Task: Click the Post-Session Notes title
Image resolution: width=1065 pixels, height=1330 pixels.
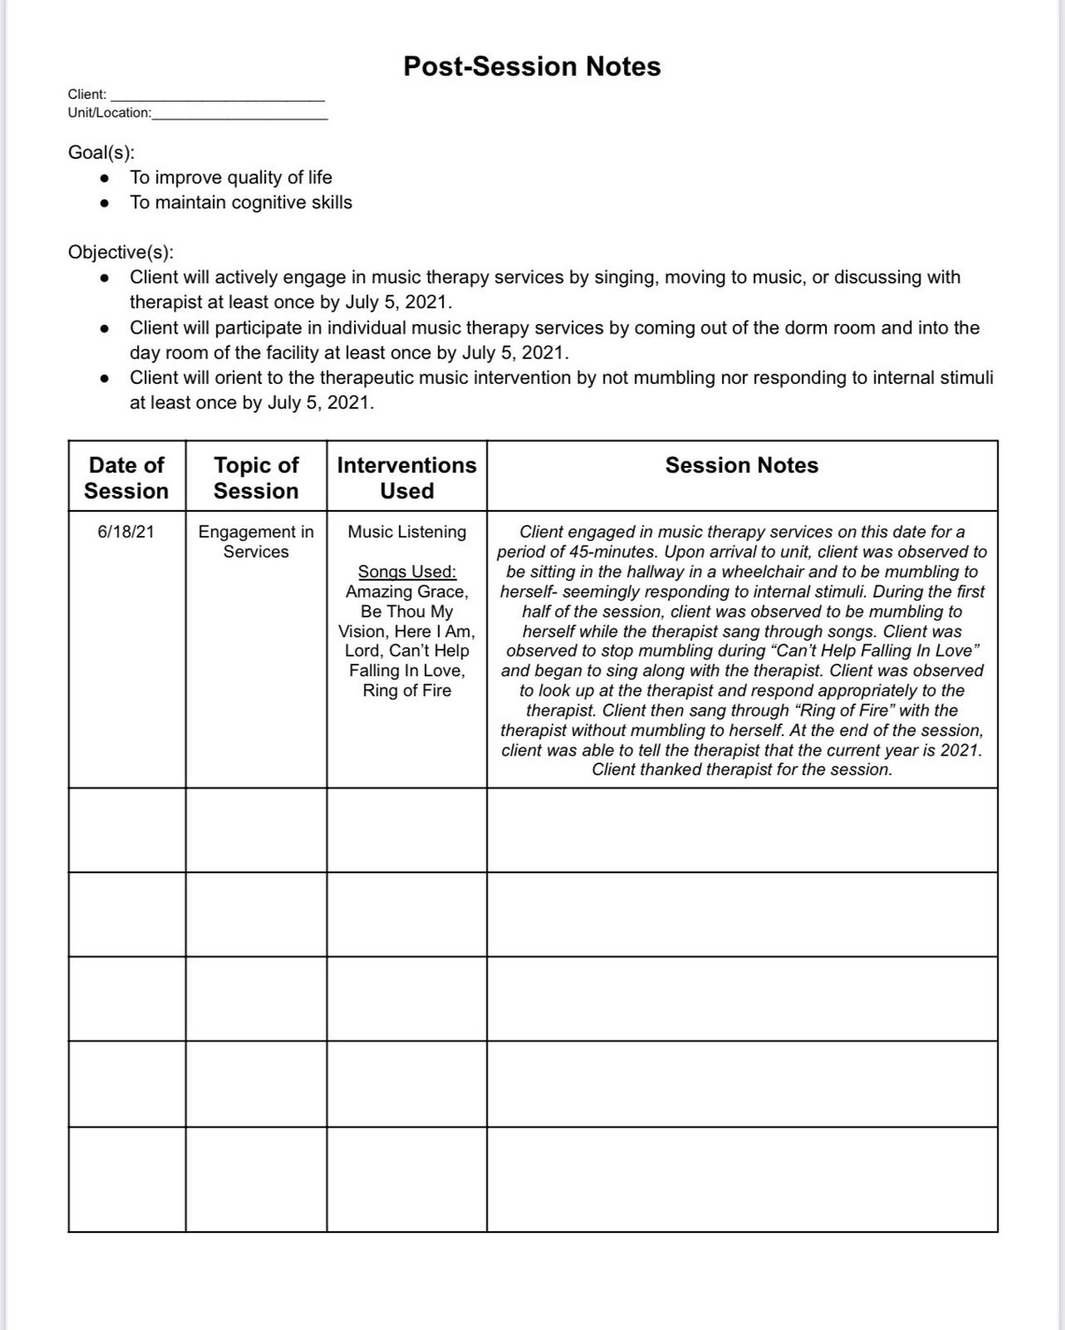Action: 532,66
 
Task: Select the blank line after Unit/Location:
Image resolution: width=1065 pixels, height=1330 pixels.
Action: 239,114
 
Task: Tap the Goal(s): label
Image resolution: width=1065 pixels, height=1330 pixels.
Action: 101,151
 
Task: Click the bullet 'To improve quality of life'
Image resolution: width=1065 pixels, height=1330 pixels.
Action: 230,177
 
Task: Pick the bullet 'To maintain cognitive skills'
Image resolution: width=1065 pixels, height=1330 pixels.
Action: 240,203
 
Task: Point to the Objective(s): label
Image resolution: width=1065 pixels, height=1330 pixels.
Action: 121,252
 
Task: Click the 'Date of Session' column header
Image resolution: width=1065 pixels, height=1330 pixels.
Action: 126,477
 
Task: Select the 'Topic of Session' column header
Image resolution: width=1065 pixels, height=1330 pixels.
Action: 256,477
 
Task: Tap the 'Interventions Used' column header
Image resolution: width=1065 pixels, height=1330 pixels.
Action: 406,477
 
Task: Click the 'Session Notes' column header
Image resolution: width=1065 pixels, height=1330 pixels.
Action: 741,465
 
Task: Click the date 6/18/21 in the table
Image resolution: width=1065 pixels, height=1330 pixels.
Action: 126,531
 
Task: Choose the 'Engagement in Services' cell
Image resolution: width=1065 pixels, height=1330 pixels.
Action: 256,542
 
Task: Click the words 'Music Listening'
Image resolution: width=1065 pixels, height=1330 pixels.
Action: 406,531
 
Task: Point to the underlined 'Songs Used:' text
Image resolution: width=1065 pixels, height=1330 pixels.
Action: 406,572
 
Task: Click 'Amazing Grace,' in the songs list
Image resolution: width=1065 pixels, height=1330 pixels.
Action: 406,591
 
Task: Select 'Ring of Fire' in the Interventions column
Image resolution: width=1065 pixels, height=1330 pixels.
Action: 406,690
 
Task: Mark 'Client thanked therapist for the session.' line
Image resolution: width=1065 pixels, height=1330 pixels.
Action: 742,770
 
